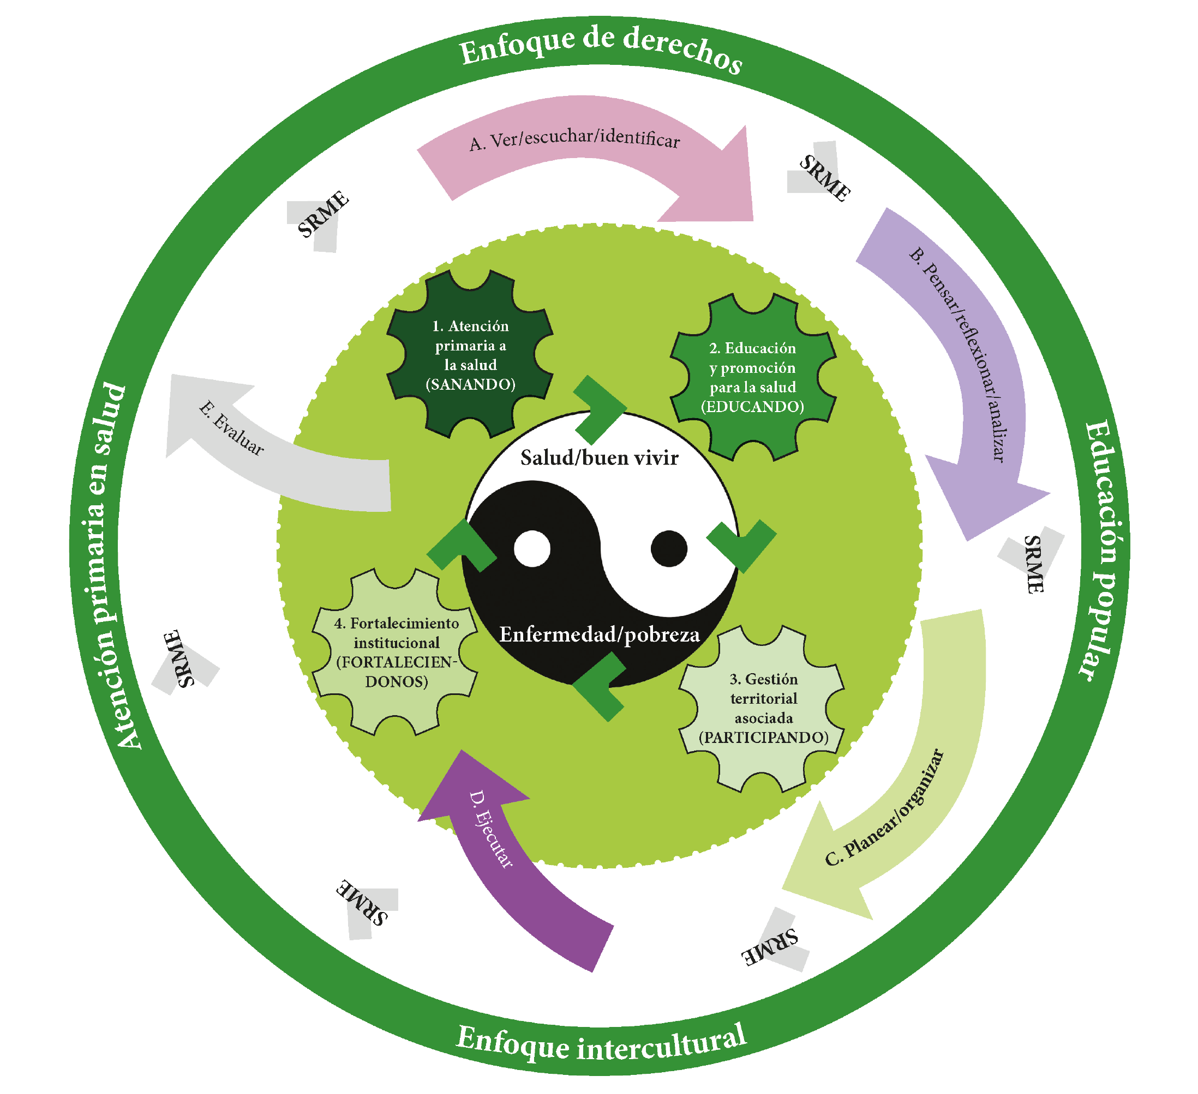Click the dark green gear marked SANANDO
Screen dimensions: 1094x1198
click(x=470, y=354)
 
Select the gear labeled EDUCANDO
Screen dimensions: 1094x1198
click(x=752, y=377)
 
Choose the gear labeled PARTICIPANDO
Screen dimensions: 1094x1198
click(x=763, y=708)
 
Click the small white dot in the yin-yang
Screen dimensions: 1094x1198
click(x=532, y=549)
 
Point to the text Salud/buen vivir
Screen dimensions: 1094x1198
click(x=599, y=458)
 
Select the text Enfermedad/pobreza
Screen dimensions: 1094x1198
click(x=599, y=635)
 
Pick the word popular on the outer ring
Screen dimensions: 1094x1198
click(x=1103, y=618)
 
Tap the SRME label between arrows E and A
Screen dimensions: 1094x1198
click(x=322, y=214)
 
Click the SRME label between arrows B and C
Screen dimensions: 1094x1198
click(x=1033, y=564)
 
